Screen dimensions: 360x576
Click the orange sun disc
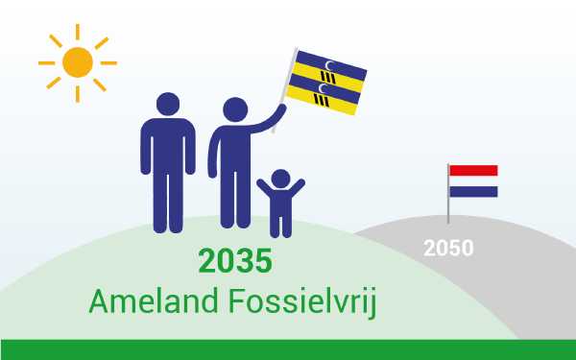click(77, 62)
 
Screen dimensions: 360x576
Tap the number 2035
click(235, 261)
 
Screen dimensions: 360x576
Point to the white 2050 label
click(448, 248)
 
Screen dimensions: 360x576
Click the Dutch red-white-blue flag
click(473, 180)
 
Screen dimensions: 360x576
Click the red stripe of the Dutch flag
click(473, 170)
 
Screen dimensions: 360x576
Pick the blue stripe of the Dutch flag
click(473, 191)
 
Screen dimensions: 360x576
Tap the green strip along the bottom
click(288, 349)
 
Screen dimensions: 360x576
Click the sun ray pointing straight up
click(77, 32)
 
